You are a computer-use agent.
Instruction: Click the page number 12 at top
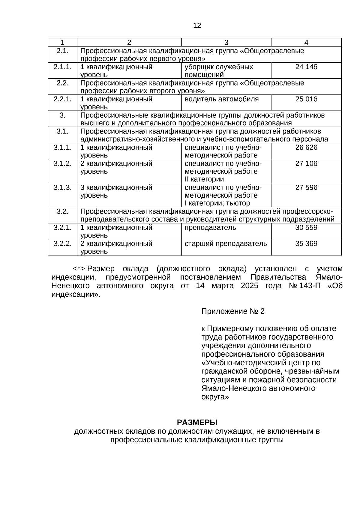point(197,25)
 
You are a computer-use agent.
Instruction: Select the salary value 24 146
point(306,67)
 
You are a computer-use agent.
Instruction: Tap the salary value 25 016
point(306,99)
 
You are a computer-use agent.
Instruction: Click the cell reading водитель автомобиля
point(221,99)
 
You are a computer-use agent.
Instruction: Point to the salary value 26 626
point(306,148)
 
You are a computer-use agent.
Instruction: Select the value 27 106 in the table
point(306,163)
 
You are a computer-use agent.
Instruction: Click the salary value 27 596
point(306,187)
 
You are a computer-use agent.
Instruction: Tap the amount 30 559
point(306,228)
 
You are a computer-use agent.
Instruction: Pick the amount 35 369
point(306,244)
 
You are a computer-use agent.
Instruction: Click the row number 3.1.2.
point(62,163)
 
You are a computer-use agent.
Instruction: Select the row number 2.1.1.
point(62,67)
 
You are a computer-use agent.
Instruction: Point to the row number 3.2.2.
point(62,244)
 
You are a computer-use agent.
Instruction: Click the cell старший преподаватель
point(226,244)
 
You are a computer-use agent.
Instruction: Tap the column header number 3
point(226,43)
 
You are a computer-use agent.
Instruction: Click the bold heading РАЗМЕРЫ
point(197,423)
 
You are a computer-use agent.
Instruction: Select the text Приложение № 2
point(233,311)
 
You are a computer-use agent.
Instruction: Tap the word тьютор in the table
point(239,203)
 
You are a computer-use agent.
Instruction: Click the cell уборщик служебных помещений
point(219,71)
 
